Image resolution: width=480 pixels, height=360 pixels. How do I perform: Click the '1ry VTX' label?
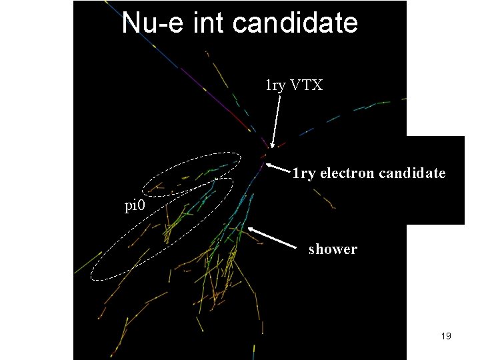(294, 86)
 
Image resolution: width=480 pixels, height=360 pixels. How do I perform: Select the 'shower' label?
(333, 249)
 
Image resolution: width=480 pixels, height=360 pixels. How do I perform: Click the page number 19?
(446, 336)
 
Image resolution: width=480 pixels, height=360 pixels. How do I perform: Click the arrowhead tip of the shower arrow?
(248, 228)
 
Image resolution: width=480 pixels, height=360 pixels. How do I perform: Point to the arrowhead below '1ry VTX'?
(272, 145)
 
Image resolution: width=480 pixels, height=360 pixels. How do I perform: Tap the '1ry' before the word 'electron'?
(305, 173)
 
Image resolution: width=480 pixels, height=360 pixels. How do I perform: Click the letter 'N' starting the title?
(131, 23)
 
